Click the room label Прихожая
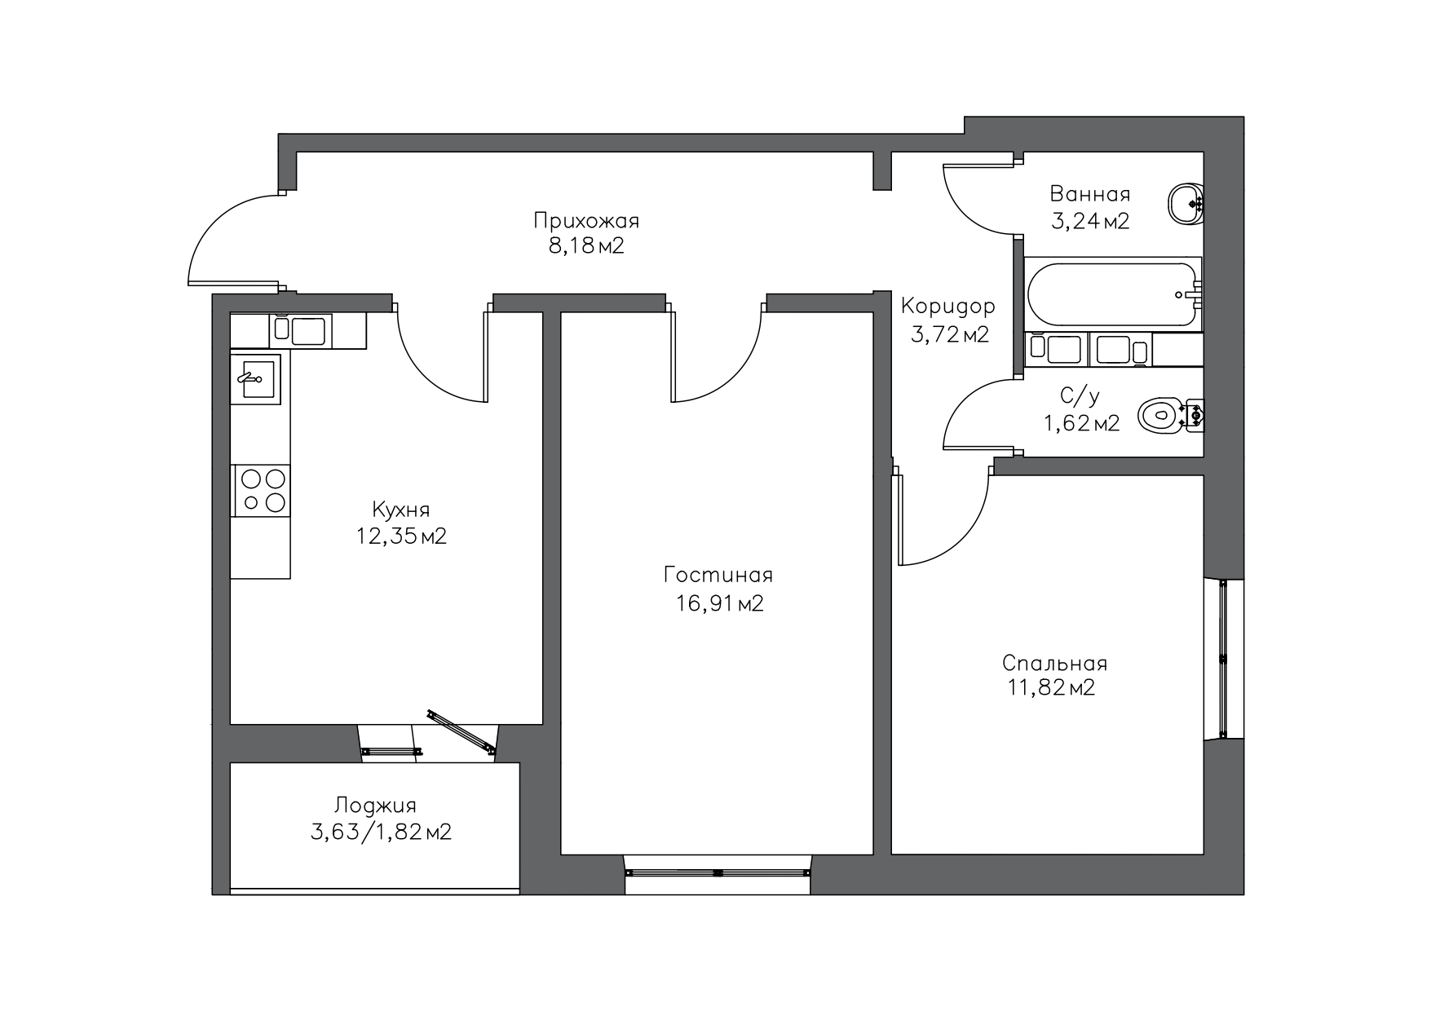click(x=586, y=221)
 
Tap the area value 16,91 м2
click(x=719, y=603)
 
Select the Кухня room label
click(x=400, y=510)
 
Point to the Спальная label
click(x=1054, y=663)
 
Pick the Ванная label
click(x=1090, y=194)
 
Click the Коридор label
click(x=948, y=307)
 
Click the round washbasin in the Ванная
click(x=1186, y=204)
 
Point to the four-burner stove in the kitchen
click(x=262, y=491)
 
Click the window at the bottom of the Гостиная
click(x=718, y=872)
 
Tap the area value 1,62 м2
click(x=1082, y=423)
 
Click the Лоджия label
click(x=375, y=806)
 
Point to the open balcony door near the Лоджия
click(x=461, y=729)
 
